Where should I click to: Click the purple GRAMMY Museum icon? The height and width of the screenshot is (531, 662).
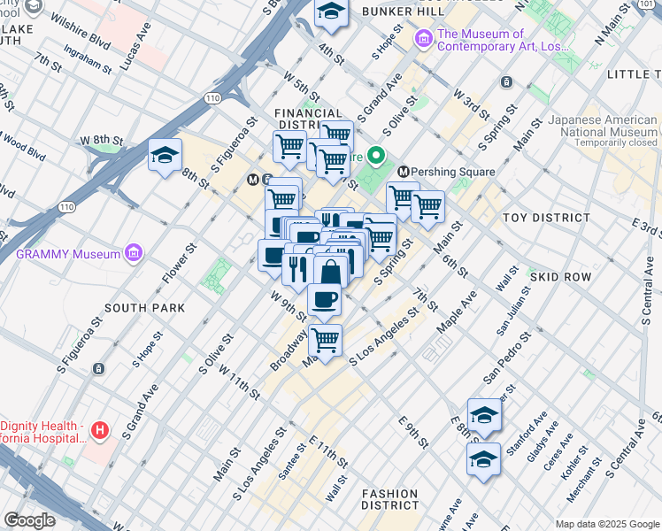(134, 254)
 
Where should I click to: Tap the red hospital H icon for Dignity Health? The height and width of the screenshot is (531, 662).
(100, 431)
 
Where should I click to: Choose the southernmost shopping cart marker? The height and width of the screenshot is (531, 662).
(326, 339)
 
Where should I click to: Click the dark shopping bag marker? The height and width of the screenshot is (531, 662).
(330, 271)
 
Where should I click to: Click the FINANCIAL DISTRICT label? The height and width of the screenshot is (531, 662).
(308, 119)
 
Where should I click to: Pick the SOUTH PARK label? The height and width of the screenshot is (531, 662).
(144, 308)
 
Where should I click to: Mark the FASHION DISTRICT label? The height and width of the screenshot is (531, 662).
(389, 499)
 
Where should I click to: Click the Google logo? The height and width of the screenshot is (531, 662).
(29, 520)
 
